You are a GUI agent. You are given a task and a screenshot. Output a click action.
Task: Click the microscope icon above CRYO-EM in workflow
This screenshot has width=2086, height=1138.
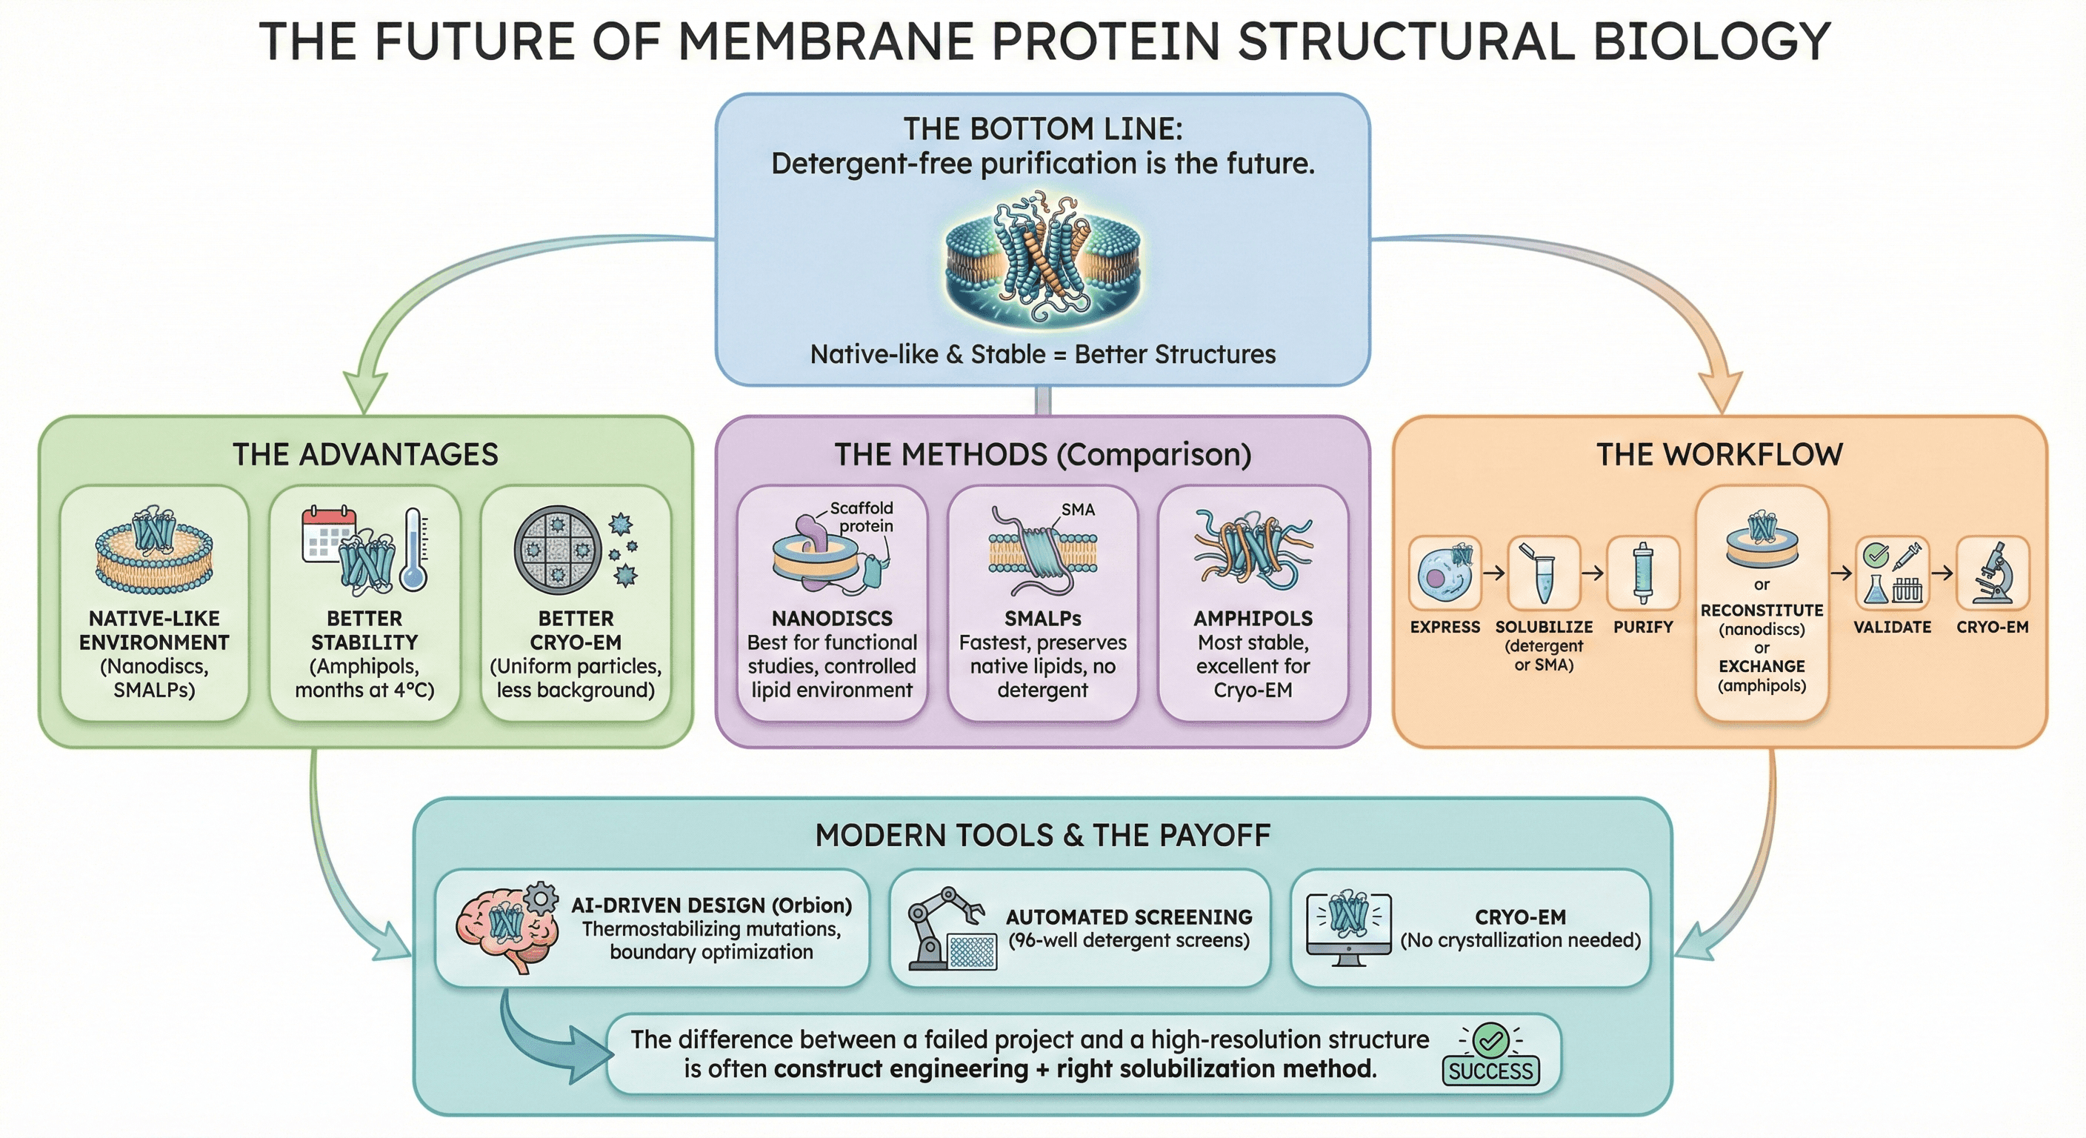click(1992, 573)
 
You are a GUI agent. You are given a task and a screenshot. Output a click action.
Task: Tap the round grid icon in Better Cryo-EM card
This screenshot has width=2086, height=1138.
click(557, 550)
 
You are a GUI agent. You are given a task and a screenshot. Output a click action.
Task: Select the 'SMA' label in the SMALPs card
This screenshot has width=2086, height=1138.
click(1077, 510)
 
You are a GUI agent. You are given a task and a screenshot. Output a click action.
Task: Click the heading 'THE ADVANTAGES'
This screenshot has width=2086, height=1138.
click(365, 454)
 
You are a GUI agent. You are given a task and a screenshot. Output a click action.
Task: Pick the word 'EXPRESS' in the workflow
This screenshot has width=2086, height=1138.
click(1444, 627)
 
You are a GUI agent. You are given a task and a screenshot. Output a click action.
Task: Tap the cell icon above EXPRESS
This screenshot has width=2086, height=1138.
click(1444, 573)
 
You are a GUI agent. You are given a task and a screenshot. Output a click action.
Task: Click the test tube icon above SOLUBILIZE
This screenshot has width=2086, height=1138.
click(1542, 573)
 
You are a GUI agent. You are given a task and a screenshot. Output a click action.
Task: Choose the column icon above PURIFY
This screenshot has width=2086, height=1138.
click(1642, 573)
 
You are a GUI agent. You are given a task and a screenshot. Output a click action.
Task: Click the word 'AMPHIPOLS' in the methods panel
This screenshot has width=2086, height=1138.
click(1253, 618)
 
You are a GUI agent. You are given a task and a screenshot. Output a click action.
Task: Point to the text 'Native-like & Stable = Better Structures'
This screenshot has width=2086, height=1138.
click(1042, 355)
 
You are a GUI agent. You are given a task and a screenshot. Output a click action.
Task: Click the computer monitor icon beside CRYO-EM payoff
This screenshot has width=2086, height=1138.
click(1348, 929)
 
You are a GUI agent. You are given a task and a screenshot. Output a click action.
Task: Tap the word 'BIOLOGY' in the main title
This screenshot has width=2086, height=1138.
click(1711, 41)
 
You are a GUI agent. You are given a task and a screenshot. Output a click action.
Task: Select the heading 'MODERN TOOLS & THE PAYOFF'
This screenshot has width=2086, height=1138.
click(1042, 835)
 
